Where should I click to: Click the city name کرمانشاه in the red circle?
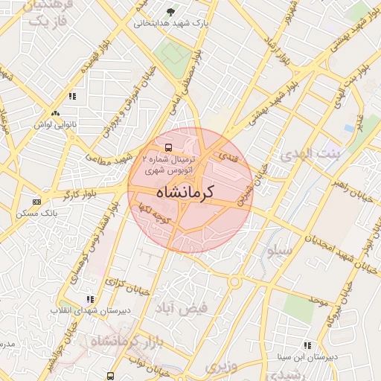pyautogui.click(x=185, y=191)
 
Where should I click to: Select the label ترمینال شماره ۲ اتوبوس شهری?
pyautogui.click(x=170, y=164)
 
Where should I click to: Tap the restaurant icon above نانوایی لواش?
pyautogui.click(x=72, y=96)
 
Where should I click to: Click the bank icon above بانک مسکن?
pyautogui.click(x=37, y=201)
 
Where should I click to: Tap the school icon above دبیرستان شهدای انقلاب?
pyautogui.click(x=91, y=299)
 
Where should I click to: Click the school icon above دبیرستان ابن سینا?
pyautogui.click(x=307, y=345)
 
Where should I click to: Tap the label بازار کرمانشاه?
pyautogui.click(x=122, y=342)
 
